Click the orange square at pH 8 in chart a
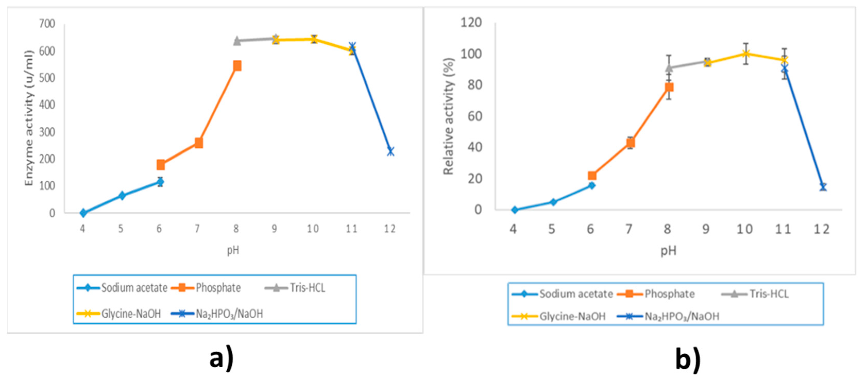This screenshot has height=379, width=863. (x=237, y=66)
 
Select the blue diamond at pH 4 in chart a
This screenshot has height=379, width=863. (x=83, y=213)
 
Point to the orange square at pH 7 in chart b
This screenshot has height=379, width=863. (x=630, y=143)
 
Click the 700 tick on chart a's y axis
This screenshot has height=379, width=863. (x=47, y=24)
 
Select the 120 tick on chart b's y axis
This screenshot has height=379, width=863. (x=471, y=23)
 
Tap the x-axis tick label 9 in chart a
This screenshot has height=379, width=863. (x=274, y=229)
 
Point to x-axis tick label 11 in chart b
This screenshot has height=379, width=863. (x=783, y=229)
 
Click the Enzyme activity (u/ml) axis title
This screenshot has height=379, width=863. (x=29, y=118)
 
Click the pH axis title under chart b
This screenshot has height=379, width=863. (x=668, y=251)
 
